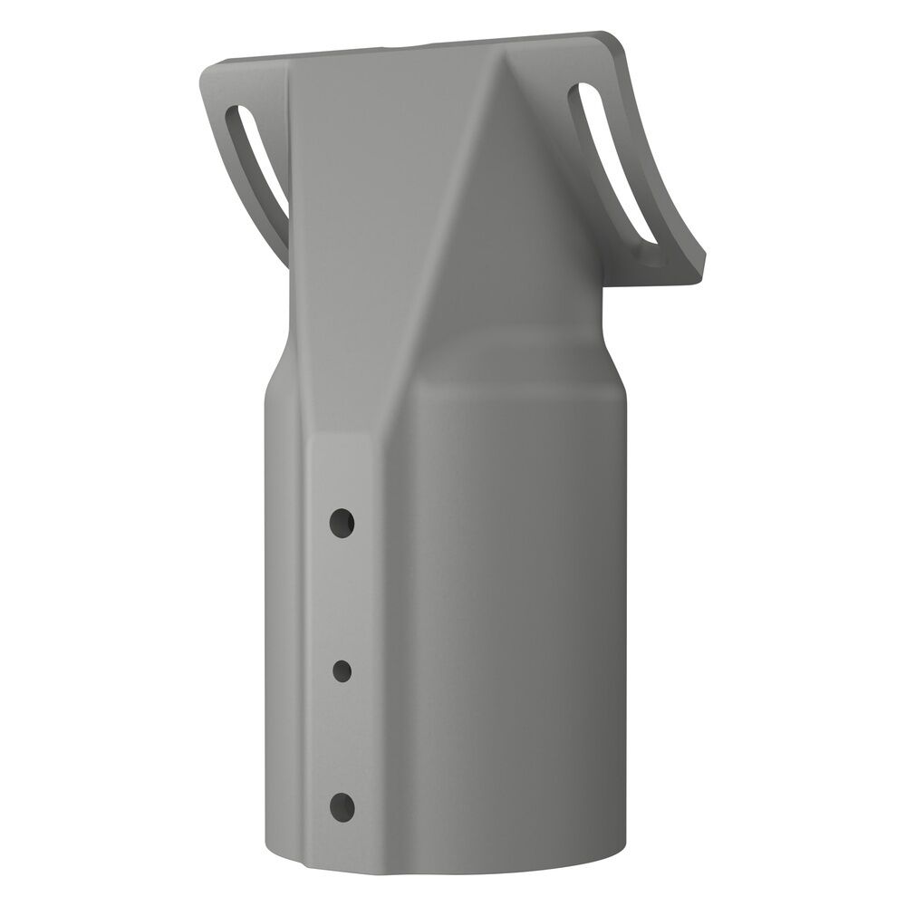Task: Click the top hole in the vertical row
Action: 342,522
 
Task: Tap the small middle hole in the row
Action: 342,670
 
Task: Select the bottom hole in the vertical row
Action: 342,805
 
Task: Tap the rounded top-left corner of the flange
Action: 210,74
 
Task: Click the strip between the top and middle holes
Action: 342,598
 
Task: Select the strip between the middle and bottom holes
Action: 342,738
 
